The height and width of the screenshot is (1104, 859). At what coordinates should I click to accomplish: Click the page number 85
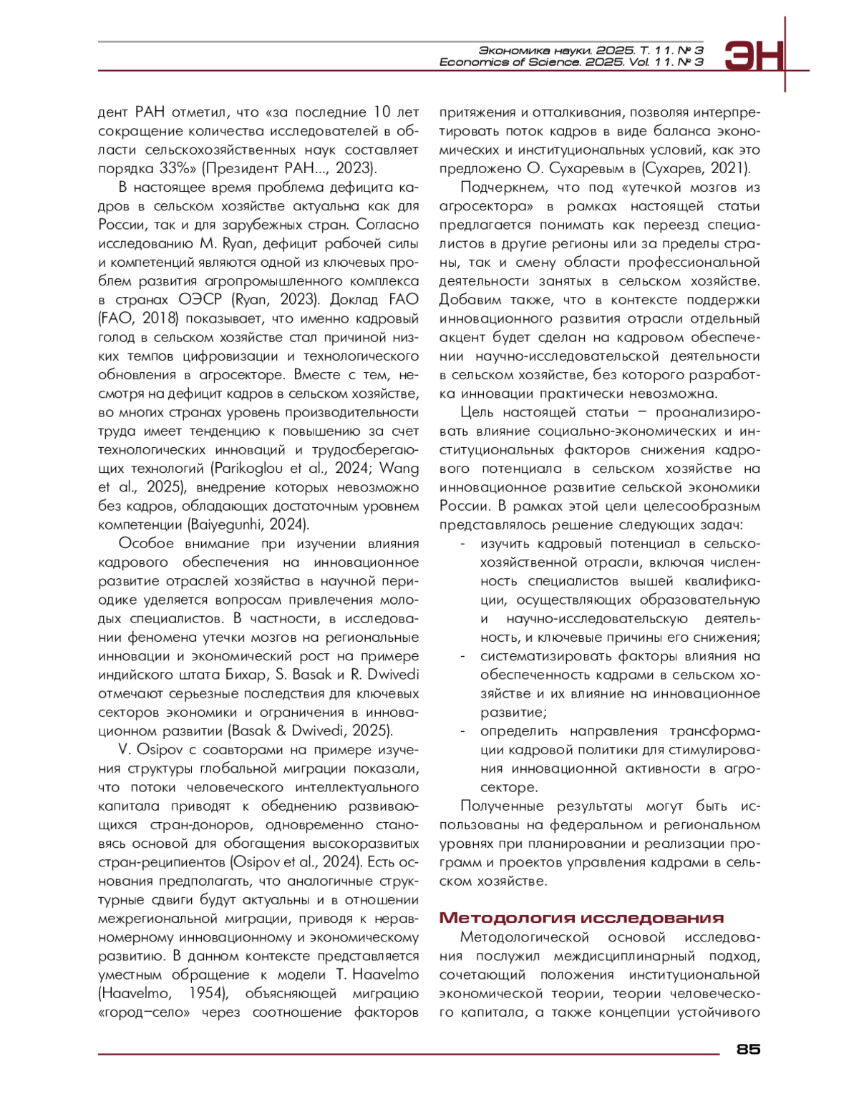[748, 1049]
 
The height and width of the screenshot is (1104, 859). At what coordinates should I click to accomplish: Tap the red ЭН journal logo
[754, 56]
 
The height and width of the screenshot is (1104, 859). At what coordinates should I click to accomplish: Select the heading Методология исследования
[581, 918]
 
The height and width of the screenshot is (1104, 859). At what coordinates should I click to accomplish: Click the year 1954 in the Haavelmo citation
[208, 993]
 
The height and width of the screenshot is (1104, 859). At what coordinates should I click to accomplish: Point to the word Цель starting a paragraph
[477, 413]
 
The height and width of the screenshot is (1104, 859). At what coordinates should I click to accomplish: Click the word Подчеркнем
[498, 187]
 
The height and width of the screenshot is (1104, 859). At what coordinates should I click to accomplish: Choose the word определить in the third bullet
[518, 731]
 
